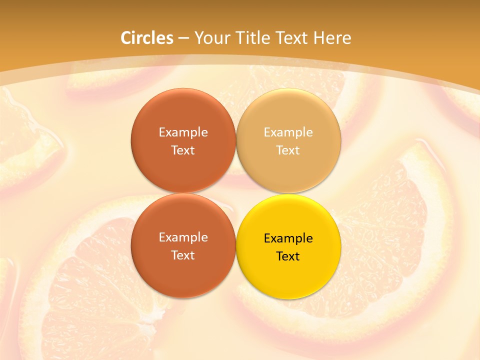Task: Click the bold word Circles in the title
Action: pos(147,38)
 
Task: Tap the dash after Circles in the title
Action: pos(183,38)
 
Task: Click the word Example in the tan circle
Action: pos(288,132)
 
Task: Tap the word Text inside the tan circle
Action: pos(288,150)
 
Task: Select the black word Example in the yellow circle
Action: pos(288,238)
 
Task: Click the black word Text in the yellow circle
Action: pos(288,256)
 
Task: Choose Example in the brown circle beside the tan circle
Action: pos(183,132)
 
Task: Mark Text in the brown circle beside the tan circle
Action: pos(183,150)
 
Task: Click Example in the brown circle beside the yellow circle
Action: pos(183,237)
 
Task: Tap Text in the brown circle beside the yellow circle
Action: pos(183,255)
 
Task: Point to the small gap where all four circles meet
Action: pos(236,193)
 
